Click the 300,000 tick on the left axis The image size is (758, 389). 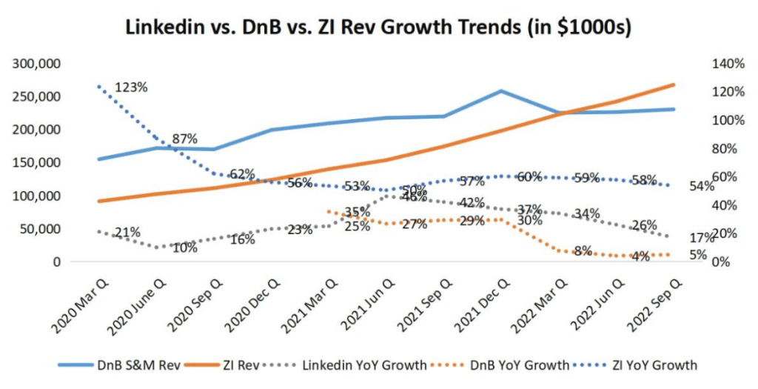[37, 64]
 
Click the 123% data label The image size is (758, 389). [131, 87]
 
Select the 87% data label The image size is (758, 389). [184, 139]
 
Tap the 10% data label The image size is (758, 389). [185, 247]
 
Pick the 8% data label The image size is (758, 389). [583, 250]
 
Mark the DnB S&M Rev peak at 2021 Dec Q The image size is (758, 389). [501, 91]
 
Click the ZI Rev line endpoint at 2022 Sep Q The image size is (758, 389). [674, 84]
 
